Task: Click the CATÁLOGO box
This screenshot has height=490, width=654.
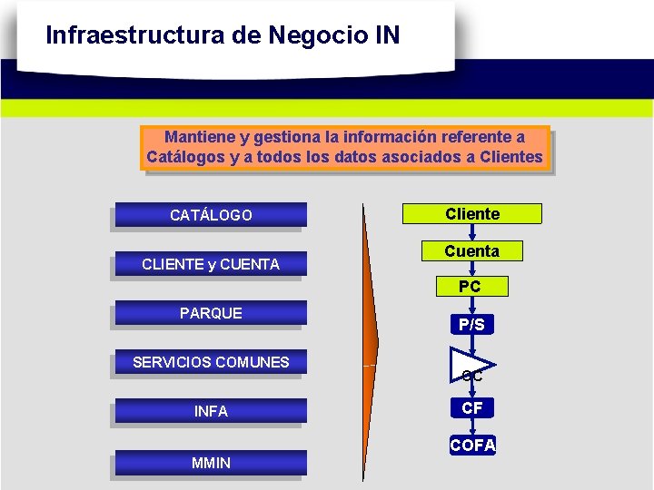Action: (x=211, y=215)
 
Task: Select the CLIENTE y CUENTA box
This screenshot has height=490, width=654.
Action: (x=211, y=264)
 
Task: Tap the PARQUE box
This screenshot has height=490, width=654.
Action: (x=211, y=313)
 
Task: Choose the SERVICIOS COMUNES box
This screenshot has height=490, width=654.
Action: (x=211, y=362)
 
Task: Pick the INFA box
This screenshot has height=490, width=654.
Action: (x=211, y=411)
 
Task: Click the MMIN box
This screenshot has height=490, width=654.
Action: (x=211, y=463)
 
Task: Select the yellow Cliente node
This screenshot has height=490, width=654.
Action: (x=472, y=214)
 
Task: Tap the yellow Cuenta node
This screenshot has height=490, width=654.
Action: (x=472, y=251)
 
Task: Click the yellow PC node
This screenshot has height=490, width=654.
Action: (x=471, y=287)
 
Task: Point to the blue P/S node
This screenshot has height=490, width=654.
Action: (x=472, y=324)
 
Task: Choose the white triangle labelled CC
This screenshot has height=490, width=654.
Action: (x=468, y=367)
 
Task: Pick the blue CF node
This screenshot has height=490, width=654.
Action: (x=472, y=408)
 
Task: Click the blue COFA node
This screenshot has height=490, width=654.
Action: (x=472, y=446)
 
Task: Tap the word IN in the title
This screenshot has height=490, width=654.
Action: (x=385, y=35)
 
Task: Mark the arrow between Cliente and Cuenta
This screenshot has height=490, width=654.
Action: (x=472, y=232)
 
